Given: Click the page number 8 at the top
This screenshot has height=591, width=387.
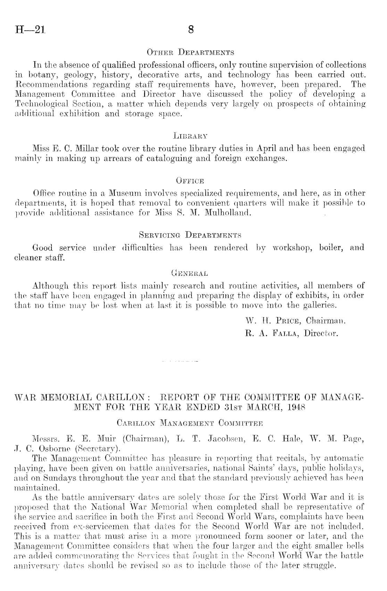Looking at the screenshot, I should coord(191,30).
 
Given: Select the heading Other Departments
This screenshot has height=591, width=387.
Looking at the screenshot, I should coord(190,53).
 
